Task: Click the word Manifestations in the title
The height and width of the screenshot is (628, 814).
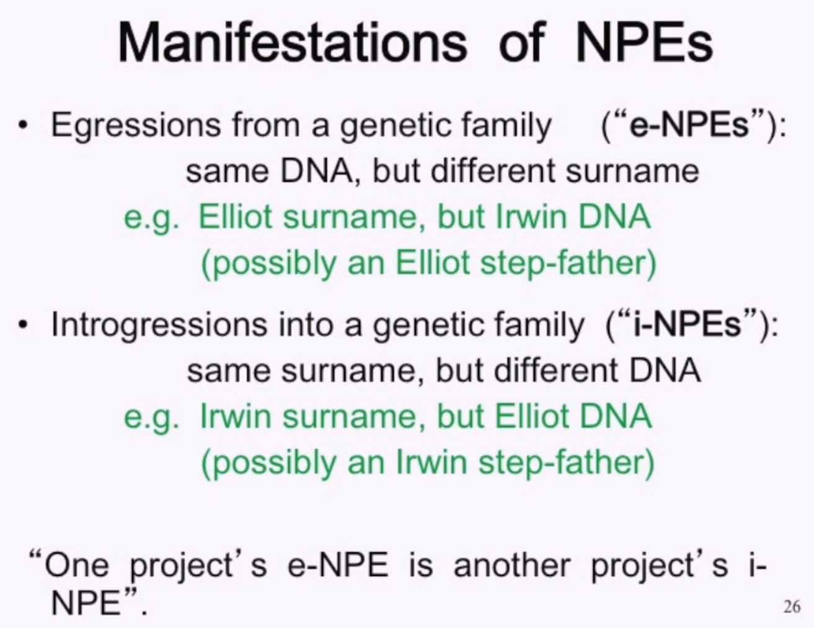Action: pos(293,42)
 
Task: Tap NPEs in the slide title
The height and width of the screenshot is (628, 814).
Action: pos(644,42)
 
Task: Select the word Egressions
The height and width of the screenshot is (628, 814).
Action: pos(136,126)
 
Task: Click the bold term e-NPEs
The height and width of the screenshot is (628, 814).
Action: pos(689,125)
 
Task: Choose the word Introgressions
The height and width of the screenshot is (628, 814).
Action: pos(159,325)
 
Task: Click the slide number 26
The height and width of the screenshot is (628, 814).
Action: pos(792,606)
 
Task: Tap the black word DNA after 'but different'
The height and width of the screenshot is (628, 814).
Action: pos(665,371)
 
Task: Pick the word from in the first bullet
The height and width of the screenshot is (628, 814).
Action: pos(265,125)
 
